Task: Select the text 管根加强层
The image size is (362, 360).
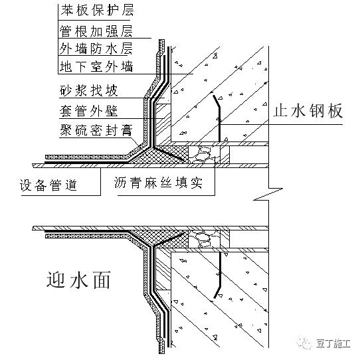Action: coord(96,31)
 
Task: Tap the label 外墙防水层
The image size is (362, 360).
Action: coord(96,48)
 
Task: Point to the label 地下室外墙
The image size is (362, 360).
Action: coord(96,66)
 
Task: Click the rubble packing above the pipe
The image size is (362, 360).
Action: coord(204,154)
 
